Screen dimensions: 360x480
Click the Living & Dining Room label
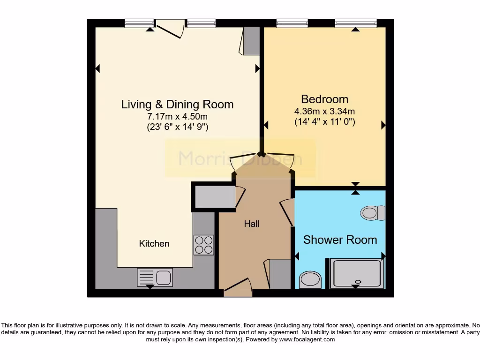[177, 104]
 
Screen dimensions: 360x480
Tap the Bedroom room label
[324, 99]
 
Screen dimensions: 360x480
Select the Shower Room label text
[340, 240]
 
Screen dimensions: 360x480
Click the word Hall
[252, 224]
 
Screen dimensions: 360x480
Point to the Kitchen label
[154, 244]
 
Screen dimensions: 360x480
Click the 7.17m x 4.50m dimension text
[177, 116]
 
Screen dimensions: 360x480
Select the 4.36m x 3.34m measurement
[324, 111]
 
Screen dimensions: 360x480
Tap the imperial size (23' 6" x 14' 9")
[177, 127]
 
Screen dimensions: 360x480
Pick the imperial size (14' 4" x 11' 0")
[324, 121]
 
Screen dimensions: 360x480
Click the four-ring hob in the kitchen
[203, 245]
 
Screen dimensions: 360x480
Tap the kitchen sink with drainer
[155, 277]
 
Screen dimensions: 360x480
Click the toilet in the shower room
[373, 213]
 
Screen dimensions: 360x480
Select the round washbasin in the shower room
[310, 279]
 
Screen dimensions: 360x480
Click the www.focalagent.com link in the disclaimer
[307, 339]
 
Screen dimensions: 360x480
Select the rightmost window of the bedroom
[356, 23]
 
